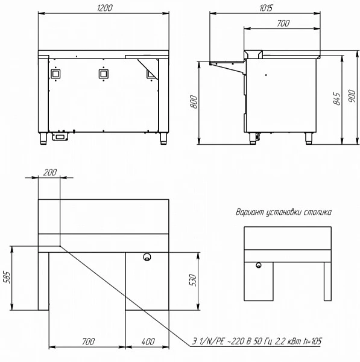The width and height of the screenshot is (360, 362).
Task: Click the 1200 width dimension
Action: click(x=105, y=8)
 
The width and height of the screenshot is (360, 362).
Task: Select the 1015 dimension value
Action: click(x=266, y=8)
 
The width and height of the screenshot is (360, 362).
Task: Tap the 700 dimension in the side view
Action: click(x=283, y=23)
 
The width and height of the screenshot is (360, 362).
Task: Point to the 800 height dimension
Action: click(x=194, y=102)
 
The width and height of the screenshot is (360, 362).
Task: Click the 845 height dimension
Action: click(x=336, y=99)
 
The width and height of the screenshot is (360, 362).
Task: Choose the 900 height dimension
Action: click(x=352, y=96)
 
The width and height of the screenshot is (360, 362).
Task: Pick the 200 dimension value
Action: click(x=50, y=172)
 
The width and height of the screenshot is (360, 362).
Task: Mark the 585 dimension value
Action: click(x=7, y=278)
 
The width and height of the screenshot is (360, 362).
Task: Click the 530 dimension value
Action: click(x=192, y=280)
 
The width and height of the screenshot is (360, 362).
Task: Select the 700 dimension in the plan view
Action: click(x=89, y=341)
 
